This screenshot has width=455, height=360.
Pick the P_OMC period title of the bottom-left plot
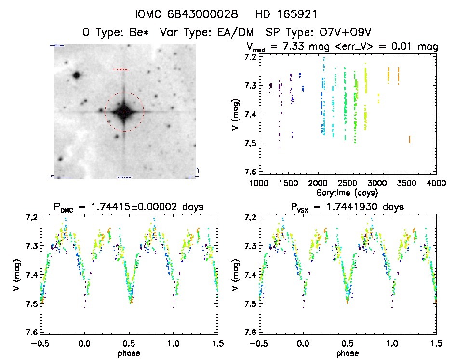tap(129, 207)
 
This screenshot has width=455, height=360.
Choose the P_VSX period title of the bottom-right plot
tap(348, 207)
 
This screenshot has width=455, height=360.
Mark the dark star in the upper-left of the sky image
tap(76, 75)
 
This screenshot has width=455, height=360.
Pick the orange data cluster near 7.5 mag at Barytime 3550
tap(410, 139)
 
